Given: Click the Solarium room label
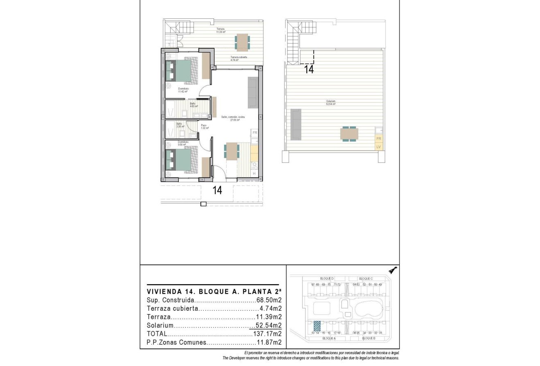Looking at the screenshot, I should click(x=331, y=103).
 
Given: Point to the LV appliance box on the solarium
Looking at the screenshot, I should click(x=378, y=146).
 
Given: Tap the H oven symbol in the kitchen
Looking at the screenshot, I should click(x=254, y=174).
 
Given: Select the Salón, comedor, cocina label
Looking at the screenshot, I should click(x=231, y=118).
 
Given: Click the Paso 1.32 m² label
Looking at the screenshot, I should click(x=203, y=126).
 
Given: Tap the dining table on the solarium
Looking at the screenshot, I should click(x=349, y=134).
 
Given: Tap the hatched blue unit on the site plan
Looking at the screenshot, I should click(x=317, y=326).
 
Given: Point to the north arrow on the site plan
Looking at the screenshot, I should click(x=393, y=270).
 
